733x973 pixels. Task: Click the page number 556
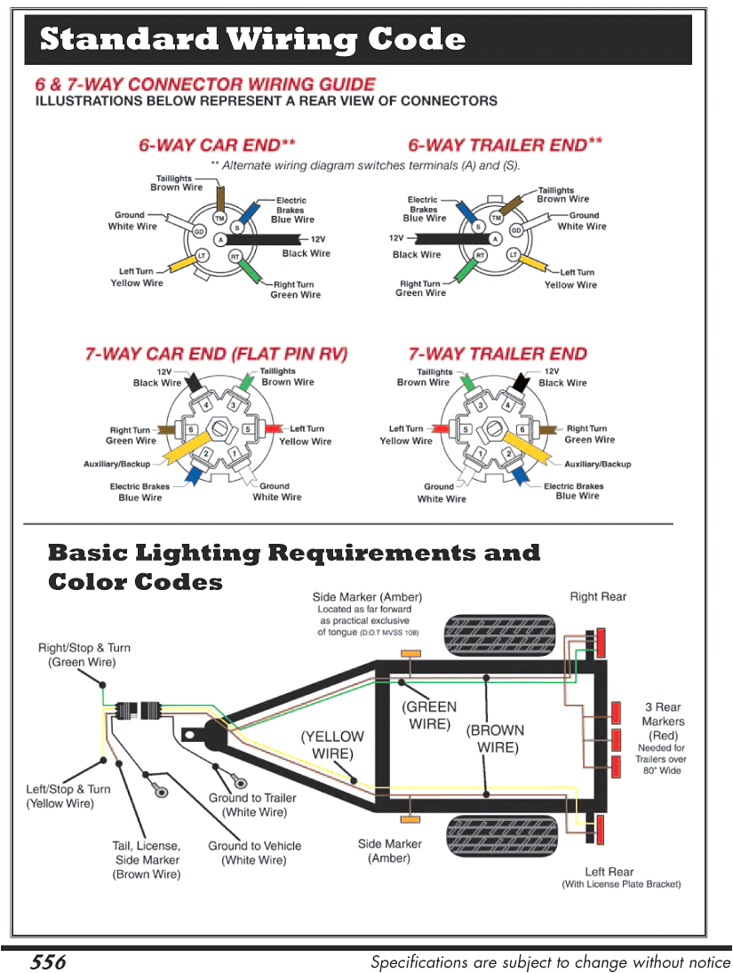(48, 961)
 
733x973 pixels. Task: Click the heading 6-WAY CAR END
(216, 145)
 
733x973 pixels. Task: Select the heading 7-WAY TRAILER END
(498, 354)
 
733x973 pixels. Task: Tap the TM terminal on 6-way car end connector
(219, 218)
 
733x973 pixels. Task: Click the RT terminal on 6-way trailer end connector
(481, 256)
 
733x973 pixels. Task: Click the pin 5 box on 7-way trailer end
(465, 430)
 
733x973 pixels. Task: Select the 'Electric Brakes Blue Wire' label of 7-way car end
(140, 492)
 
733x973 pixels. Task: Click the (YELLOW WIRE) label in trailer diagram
(332, 745)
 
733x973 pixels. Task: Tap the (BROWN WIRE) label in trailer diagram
(495, 738)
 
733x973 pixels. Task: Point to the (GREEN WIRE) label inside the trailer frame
(430, 715)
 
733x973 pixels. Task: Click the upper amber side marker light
(410, 654)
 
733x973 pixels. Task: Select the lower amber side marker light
(410, 817)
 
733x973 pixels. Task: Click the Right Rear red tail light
(602, 641)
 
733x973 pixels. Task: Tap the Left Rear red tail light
(602, 830)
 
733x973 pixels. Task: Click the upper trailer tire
(500, 634)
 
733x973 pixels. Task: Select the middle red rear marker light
(614, 738)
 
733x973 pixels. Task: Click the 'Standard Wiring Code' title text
(253, 40)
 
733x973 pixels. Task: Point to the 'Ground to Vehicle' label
(254, 853)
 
